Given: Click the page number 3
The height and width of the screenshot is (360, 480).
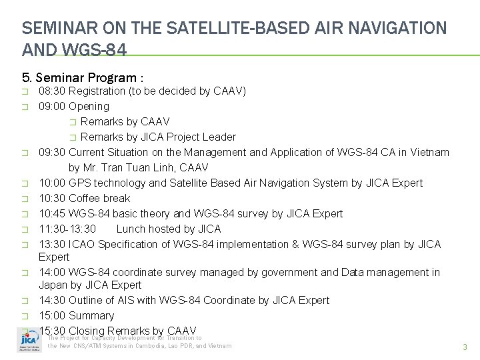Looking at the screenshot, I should (464, 347).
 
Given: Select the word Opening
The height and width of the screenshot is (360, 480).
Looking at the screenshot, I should (89, 106).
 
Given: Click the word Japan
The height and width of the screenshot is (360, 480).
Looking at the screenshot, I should (53, 285).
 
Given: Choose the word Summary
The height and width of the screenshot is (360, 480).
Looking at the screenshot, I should (91, 315).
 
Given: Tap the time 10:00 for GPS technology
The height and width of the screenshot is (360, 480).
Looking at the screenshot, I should (52, 183).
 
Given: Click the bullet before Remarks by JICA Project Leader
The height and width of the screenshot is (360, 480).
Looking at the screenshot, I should (73, 137).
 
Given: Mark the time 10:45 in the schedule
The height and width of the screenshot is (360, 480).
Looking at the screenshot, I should (52, 213).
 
